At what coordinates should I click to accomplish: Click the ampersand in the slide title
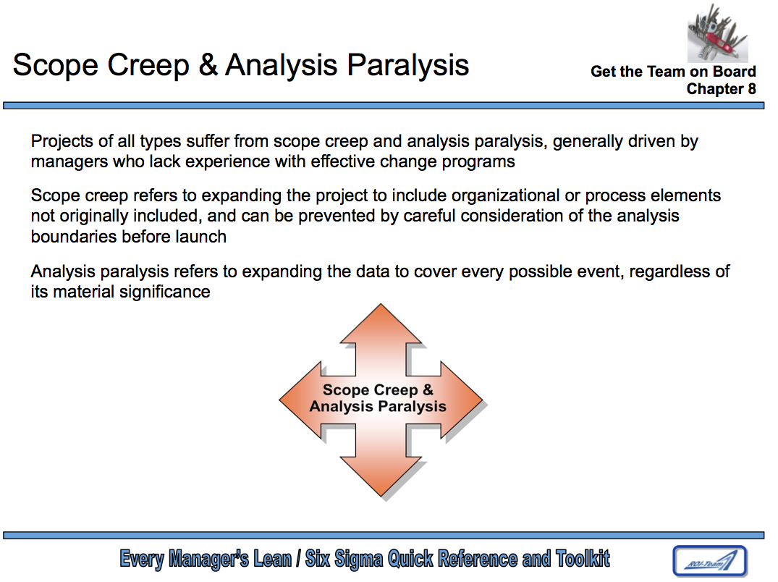point(208,65)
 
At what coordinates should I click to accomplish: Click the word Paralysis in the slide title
point(408,66)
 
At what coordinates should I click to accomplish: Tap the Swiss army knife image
point(717,33)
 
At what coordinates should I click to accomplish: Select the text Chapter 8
point(721,89)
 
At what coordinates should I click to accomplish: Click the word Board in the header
point(735,72)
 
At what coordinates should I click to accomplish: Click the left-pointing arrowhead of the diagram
point(300,400)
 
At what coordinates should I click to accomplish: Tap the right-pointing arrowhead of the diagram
point(462,400)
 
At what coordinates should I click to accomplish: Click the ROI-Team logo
point(709,561)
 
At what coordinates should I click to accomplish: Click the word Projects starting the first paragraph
point(62,141)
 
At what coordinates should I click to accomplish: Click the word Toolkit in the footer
point(583,559)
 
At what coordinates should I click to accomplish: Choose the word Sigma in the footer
point(358,559)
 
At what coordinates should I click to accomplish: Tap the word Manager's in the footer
point(208,559)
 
